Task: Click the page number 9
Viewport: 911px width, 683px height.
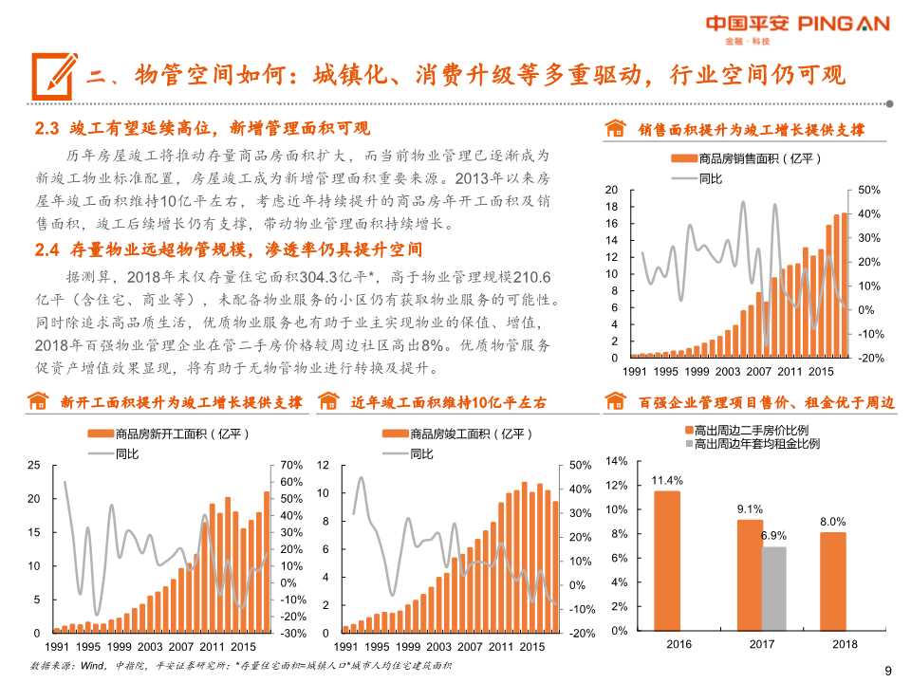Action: point(888,671)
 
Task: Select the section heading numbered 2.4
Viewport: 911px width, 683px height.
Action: point(228,249)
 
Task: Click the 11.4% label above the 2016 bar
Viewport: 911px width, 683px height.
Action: point(667,480)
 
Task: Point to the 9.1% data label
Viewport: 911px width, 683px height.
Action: point(750,508)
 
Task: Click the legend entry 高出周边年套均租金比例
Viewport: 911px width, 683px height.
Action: point(755,443)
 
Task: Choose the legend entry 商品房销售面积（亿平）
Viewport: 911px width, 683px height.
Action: point(750,158)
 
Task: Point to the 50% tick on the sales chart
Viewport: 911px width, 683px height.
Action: point(869,191)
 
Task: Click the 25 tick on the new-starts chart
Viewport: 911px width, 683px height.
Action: point(34,465)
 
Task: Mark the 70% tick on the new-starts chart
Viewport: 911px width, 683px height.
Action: point(291,465)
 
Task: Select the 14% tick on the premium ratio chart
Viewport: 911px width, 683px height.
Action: point(616,461)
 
